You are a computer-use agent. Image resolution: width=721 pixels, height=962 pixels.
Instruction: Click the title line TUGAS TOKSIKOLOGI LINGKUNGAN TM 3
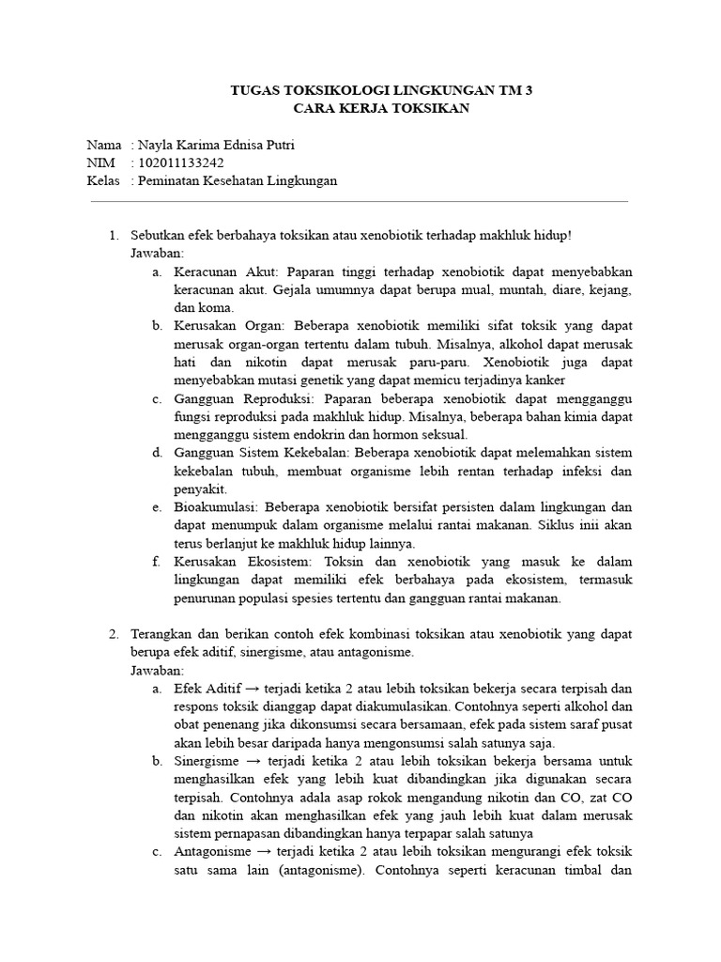click(x=387, y=91)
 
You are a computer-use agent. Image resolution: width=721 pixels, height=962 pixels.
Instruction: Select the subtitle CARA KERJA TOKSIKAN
click(x=387, y=109)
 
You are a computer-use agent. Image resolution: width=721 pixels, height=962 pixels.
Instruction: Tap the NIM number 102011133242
click(x=180, y=163)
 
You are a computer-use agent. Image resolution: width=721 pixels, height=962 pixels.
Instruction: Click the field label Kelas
click(x=103, y=181)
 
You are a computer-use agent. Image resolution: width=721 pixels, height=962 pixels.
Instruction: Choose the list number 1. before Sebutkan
click(x=115, y=236)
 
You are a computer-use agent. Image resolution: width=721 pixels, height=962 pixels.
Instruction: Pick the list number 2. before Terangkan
click(x=115, y=634)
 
